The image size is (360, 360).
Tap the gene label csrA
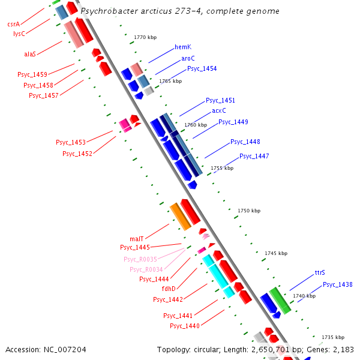[x=13, y=24]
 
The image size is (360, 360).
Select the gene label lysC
[x=19, y=34]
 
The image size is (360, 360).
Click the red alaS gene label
[x=30, y=54]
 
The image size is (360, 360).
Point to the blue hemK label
[x=182, y=47]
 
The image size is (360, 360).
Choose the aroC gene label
[x=188, y=58]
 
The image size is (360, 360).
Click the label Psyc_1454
[x=202, y=68]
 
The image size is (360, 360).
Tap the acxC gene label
[x=219, y=111]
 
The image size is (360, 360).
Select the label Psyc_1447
[x=254, y=157]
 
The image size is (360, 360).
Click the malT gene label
[x=137, y=239]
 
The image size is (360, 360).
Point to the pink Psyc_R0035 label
[x=140, y=259]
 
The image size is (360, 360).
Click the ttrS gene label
[x=320, y=273]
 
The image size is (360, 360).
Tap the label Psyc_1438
[x=337, y=284]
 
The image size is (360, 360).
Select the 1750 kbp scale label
[x=249, y=211]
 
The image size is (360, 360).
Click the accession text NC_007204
[x=46, y=349]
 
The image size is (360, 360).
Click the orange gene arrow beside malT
[x=180, y=216]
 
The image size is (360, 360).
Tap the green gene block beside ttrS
[x=280, y=300]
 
